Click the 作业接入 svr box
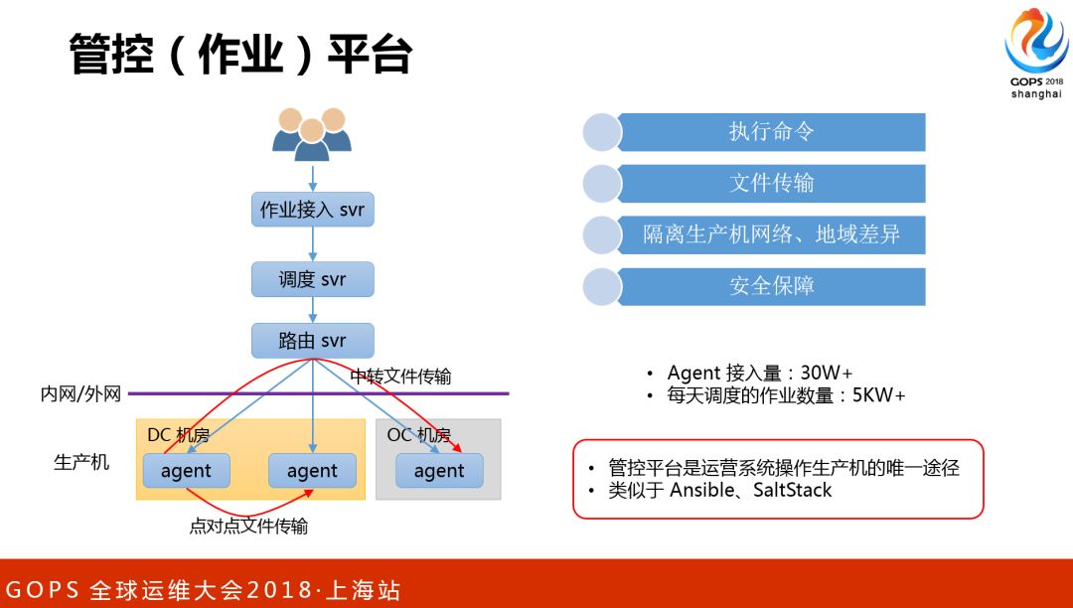click(313, 210)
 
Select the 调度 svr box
click(313, 279)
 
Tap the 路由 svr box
click(313, 341)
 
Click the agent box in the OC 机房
click(439, 471)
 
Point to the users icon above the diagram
click(312, 134)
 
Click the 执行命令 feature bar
click(771, 132)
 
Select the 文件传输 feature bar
click(771, 184)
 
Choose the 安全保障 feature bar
click(771, 287)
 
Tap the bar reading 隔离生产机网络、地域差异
click(771, 235)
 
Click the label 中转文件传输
click(400, 376)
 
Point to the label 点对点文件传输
click(248, 526)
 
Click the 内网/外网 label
click(80, 394)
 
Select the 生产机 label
click(81, 463)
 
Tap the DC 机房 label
click(178, 435)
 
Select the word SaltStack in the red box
click(792, 490)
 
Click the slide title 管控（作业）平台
click(240, 54)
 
